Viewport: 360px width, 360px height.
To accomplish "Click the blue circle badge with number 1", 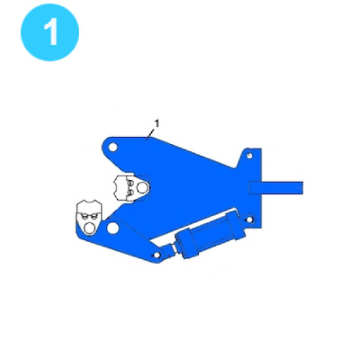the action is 50,32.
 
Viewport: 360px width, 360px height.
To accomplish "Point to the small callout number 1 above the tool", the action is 157,124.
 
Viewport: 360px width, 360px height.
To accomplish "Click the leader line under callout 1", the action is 151,134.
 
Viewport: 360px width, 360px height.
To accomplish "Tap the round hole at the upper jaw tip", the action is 113,147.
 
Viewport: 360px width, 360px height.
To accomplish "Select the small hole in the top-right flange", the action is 249,156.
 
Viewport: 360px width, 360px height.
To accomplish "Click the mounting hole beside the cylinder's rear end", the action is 250,220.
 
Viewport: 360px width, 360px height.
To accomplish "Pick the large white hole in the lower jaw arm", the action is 113,228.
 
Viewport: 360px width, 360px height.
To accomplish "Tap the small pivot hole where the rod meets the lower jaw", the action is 157,255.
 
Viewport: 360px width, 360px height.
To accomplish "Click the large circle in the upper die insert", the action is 142,188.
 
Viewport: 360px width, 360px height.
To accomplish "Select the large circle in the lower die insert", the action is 89,228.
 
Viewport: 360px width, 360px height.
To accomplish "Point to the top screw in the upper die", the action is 130,183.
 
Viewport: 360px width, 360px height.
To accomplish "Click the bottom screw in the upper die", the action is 130,192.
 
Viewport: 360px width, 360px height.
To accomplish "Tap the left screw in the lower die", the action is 84,216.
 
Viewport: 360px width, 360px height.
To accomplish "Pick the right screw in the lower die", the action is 94,216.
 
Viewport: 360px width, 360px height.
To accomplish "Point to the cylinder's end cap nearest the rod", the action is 187,243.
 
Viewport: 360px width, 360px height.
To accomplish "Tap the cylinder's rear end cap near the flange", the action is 236,226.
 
